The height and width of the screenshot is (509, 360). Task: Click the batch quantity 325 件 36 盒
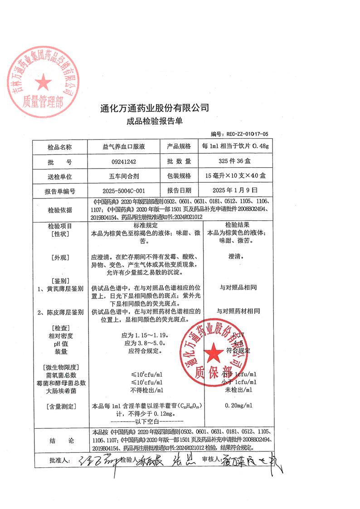point(235,161)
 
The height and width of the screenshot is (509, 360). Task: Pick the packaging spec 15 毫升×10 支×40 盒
point(235,176)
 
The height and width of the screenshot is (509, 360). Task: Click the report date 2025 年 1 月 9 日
point(235,190)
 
